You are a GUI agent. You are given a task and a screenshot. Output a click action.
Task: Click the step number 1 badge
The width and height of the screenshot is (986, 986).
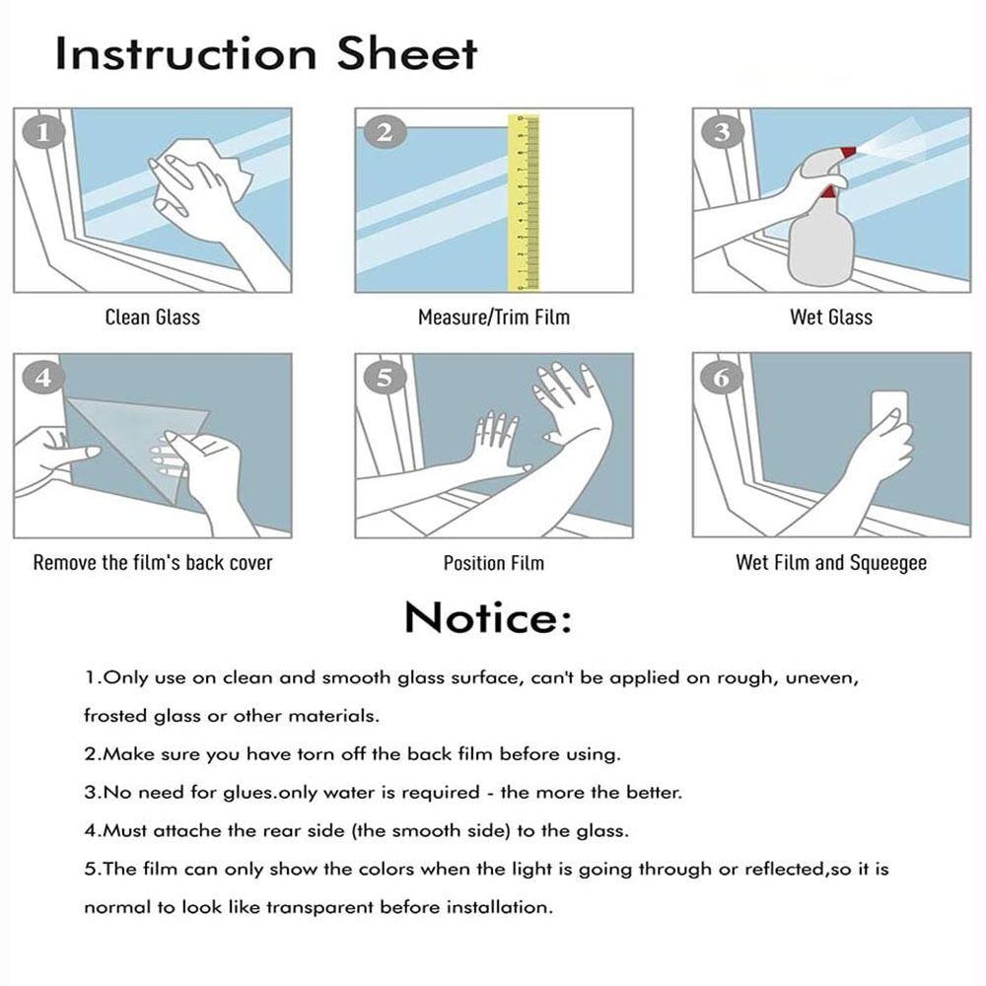42,133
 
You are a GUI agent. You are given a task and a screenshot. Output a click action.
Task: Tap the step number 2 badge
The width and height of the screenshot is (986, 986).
385,133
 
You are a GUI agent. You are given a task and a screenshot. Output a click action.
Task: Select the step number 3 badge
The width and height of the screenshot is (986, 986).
722,132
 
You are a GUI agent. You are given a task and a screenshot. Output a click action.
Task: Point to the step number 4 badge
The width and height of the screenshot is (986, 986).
42,378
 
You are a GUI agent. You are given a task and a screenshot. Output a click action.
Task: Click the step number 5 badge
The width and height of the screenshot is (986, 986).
385,378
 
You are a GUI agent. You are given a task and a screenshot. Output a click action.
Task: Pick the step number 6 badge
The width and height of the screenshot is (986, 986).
722,378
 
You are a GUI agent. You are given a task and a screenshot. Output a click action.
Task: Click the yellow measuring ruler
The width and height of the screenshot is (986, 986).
524,202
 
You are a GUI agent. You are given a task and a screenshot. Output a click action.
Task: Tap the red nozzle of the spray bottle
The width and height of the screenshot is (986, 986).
848,152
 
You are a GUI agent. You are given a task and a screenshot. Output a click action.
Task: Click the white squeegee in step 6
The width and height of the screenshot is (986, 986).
888,415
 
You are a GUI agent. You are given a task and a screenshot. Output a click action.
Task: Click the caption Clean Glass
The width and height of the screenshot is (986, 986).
153,317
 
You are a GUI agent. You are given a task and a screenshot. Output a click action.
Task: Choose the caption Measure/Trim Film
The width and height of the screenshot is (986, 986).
494,317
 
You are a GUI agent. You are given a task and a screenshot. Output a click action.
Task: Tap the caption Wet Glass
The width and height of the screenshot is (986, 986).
831,317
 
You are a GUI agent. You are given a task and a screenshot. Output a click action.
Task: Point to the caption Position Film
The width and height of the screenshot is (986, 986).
494,563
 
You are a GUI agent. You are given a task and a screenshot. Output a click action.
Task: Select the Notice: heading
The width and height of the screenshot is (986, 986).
489,618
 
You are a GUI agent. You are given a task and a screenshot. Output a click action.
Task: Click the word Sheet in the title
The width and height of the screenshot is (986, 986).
407,53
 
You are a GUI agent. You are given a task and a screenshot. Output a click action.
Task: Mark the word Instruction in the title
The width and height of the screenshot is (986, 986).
186,53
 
